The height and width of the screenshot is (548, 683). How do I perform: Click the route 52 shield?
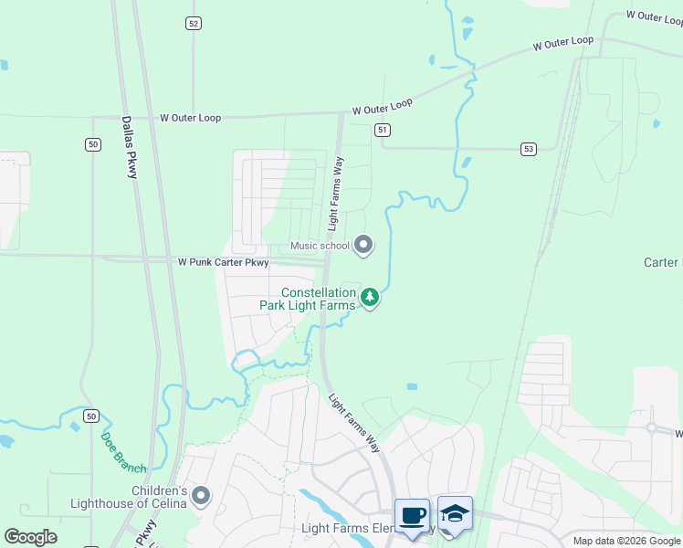(193, 24)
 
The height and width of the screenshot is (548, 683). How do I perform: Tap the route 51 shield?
(382, 131)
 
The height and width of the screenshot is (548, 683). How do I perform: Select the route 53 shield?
(529, 148)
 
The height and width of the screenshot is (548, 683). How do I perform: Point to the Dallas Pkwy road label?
(130, 146)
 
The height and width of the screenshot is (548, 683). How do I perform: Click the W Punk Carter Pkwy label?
(223, 262)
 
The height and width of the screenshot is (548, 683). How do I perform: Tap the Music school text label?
(320, 245)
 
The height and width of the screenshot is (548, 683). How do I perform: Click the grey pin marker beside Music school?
(363, 244)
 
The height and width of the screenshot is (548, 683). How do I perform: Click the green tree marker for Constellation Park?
(370, 297)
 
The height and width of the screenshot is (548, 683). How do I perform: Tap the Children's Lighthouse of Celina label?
(129, 497)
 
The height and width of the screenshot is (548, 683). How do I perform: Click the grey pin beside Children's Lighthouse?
(201, 496)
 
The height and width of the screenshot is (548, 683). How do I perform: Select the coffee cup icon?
(412, 515)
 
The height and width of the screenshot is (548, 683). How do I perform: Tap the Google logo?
(30, 537)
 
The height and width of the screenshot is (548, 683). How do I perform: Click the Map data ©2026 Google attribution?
(626, 541)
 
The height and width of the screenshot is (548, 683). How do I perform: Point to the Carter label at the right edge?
(662, 262)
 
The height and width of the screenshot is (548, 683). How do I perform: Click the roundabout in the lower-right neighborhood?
(652, 427)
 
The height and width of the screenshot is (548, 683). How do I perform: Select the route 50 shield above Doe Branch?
(89, 416)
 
